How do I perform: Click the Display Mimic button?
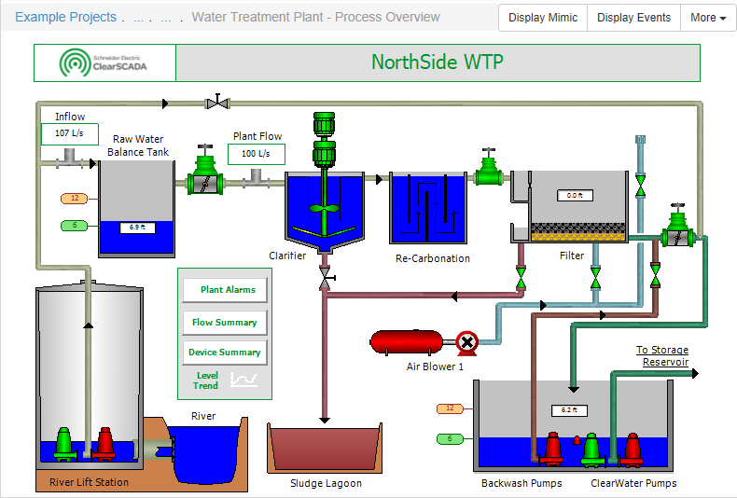pyautogui.click(x=543, y=18)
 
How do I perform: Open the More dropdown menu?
pyautogui.click(x=708, y=18)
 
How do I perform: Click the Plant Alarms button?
pyautogui.click(x=225, y=290)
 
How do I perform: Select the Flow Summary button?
pyautogui.click(x=225, y=323)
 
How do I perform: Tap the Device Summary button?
pyautogui.click(x=225, y=353)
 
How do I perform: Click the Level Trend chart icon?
pyautogui.click(x=244, y=380)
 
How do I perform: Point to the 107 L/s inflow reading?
pyautogui.click(x=69, y=133)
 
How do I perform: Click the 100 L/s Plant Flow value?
pyautogui.click(x=256, y=154)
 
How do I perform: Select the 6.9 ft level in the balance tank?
pyautogui.click(x=136, y=228)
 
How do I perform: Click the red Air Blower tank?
pyautogui.click(x=408, y=342)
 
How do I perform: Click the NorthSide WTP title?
pyautogui.click(x=437, y=62)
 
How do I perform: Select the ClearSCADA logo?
pyautogui.click(x=104, y=62)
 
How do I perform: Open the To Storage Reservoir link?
pyautogui.click(x=662, y=356)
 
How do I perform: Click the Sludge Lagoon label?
pyautogui.click(x=326, y=483)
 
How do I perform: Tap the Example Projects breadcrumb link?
pyautogui.click(x=66, y=17)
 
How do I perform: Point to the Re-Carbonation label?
pyautogui.click(x=433, y=258)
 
